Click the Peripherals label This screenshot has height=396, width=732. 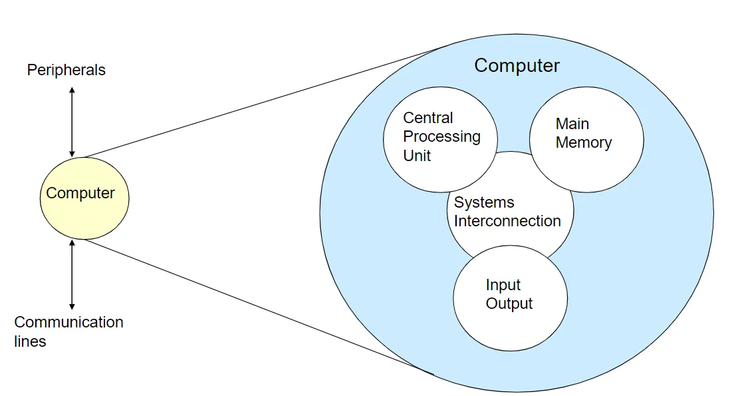(x=66, y=70)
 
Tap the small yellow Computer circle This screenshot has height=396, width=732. (x=84, y=198)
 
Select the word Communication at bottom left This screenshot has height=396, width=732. (x=68, y=322)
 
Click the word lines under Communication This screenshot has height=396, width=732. (x=30, y=341)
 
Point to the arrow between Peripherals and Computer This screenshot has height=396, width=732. (x=72, y=121)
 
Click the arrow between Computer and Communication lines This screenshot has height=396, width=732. (x=72, y=274)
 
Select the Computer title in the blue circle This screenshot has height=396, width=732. (x=517, y=65)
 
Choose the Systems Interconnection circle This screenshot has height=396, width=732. (x=511, y=236)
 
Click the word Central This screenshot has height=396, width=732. (x=428, y=118)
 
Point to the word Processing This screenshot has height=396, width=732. (x=441, y=136)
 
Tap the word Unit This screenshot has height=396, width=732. (x=417, y=156)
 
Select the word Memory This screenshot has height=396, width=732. (x=583, y=142)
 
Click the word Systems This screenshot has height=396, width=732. (x=484, y=202)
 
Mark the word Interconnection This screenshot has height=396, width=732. (x=507, y=221)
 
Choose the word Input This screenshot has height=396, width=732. (x=503, y=286)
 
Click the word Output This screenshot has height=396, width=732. (x=509, y=304)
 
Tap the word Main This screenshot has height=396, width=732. (x=572, y=124)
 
